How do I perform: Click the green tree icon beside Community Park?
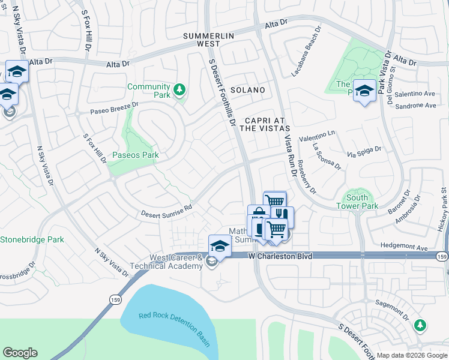click(179, 91)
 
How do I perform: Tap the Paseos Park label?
click(136, 155)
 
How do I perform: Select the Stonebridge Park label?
click(32, 239)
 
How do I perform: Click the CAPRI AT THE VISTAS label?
click(265, 124)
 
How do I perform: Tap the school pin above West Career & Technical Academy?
click(220, 245)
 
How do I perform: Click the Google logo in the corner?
click(20, 353)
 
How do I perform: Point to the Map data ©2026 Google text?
click(411, 355)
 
